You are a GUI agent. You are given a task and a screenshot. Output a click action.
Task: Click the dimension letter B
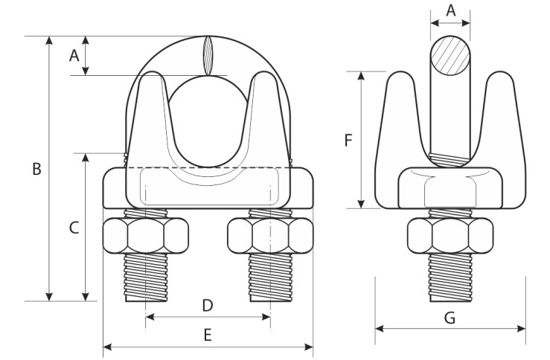tap(36, 169)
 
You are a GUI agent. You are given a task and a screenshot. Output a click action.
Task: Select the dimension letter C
tap(74, 228)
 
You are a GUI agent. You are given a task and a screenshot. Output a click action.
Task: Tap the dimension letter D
tap(208, 306)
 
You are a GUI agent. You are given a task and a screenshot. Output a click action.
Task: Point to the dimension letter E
tap(208, 335)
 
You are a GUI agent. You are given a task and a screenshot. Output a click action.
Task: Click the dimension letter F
tap(348, 141)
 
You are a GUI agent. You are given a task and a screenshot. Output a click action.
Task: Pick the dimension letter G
tap(450, 318)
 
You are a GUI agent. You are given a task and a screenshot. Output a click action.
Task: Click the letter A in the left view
tap(74, 55)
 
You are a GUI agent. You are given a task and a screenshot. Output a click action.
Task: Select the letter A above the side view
tap(451, 10)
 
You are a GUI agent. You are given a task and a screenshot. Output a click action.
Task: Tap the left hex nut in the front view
tap(146, 236)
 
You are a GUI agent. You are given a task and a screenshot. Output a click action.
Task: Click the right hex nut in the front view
tap(270, 236)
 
